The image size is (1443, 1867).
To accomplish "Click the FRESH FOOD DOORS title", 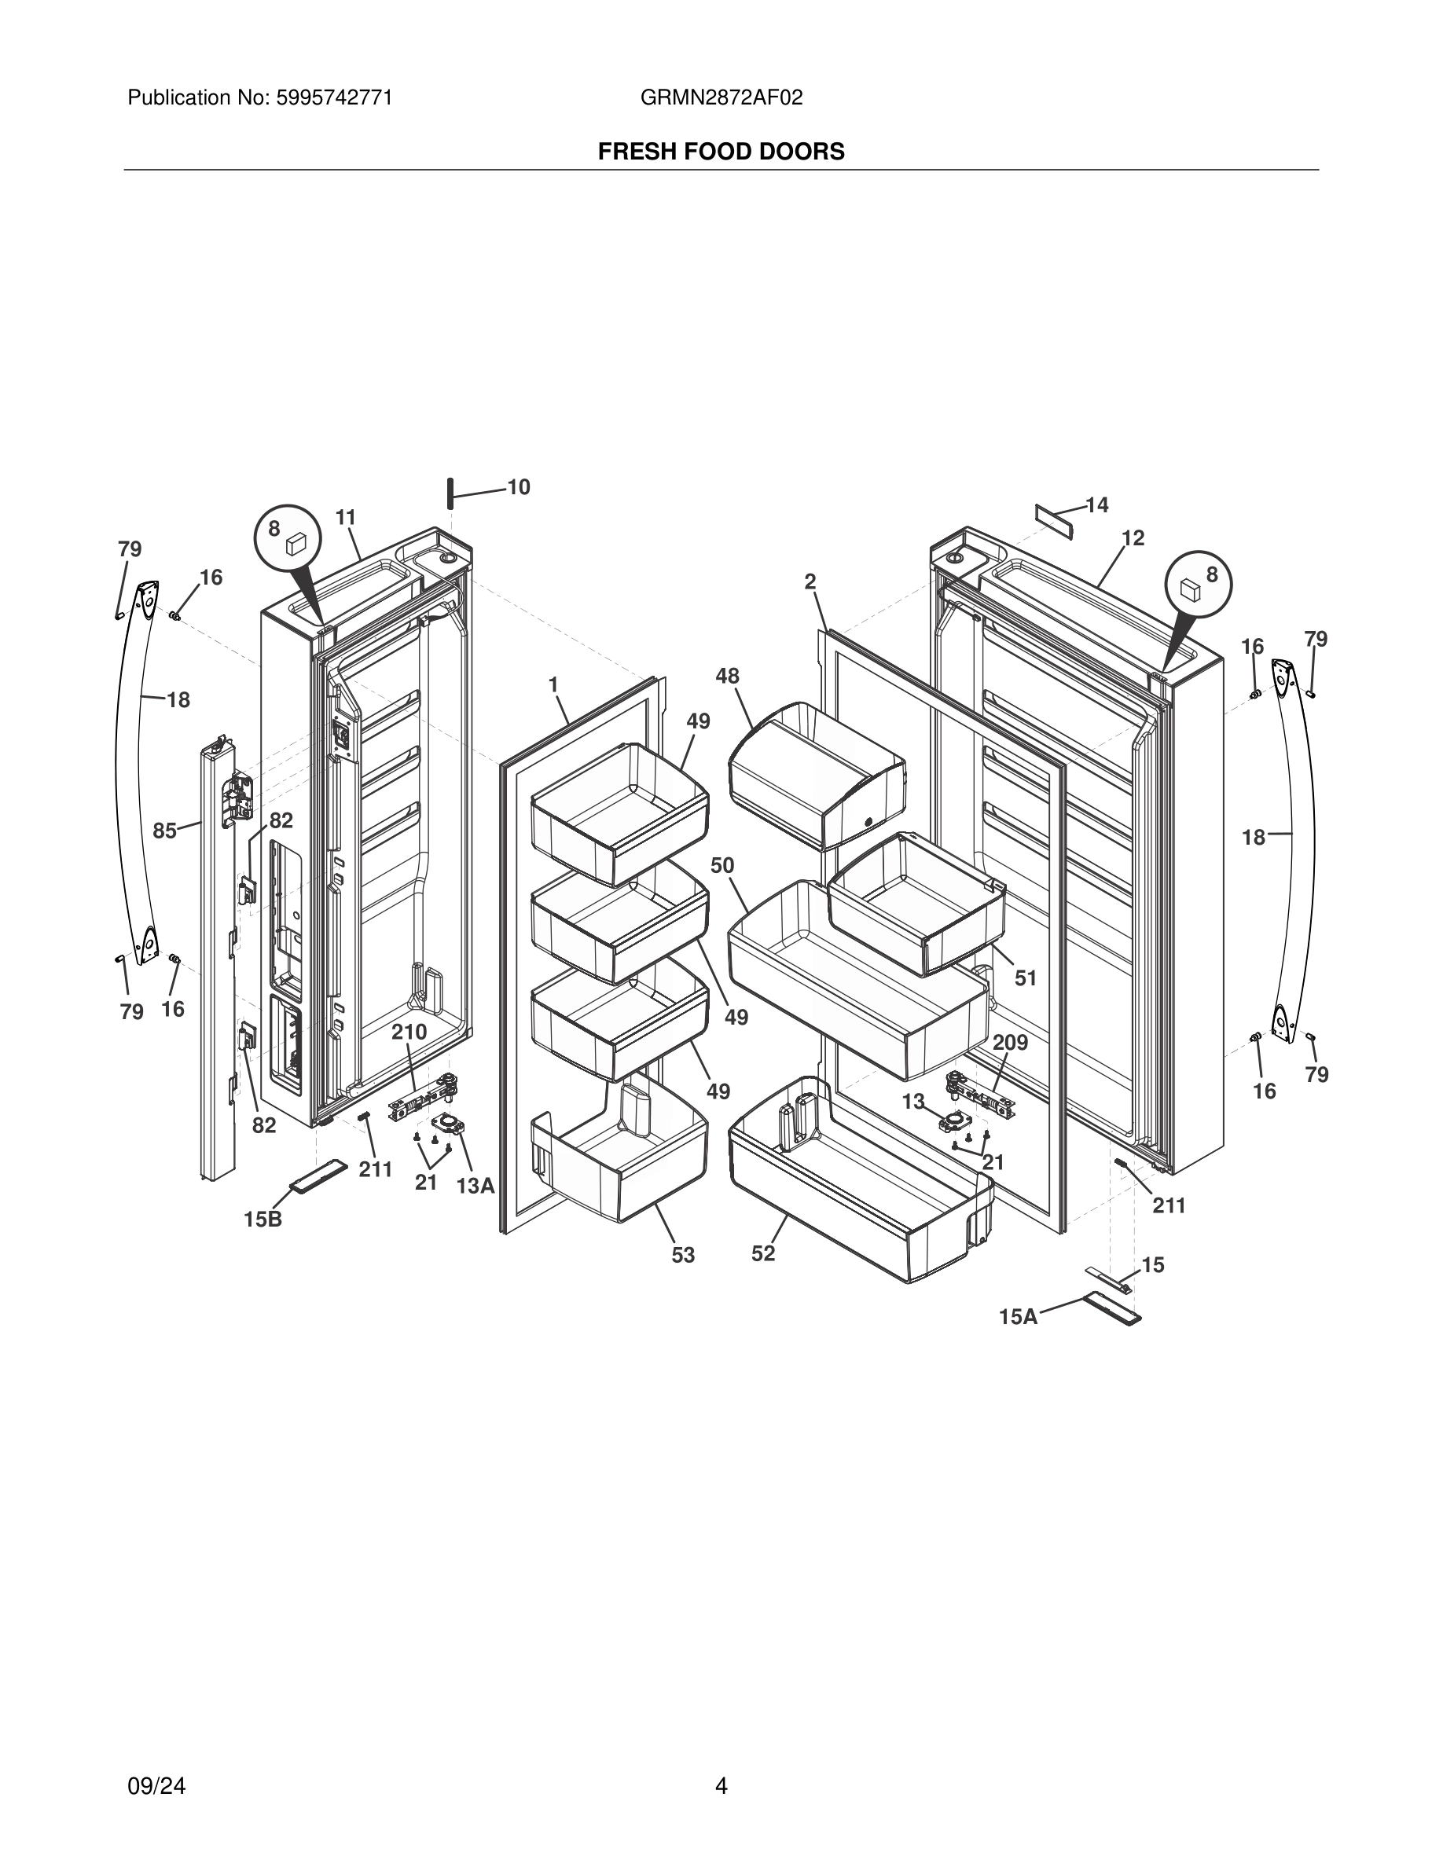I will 721,152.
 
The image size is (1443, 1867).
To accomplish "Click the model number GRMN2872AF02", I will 721,98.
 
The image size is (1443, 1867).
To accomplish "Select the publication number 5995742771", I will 333,98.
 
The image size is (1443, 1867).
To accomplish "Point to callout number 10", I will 519,487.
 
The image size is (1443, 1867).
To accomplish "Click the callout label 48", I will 727,677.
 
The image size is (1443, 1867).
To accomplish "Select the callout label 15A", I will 1017,1317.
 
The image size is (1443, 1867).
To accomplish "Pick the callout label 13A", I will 475,1186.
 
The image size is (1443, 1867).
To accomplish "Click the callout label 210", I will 409,1032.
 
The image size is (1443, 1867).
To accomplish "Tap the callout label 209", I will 1010,1043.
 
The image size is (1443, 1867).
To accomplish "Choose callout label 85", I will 165,830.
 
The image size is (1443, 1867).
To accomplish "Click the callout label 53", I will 682,1255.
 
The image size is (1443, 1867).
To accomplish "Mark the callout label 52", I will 762,1253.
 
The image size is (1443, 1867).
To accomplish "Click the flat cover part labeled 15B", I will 319,1176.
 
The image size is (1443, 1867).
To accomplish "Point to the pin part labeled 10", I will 447,493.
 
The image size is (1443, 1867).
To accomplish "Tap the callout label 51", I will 1025,978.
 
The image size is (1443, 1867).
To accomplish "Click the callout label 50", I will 721,865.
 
